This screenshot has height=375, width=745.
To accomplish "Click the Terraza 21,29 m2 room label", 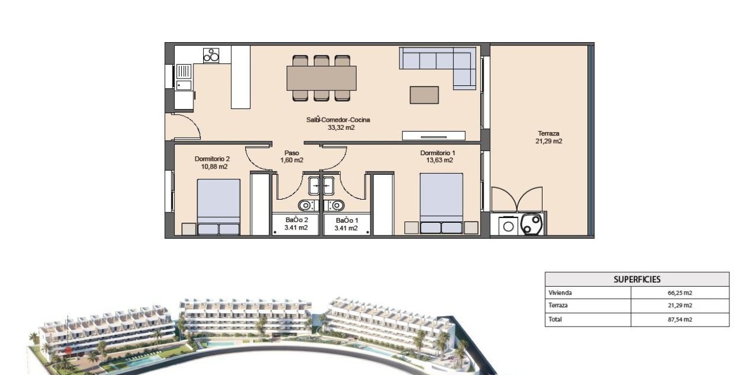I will (x=549, y=137).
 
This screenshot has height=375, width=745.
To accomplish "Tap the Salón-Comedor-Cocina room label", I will (x=338, y=123).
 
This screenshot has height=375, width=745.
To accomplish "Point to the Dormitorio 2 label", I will (x=212, y=163).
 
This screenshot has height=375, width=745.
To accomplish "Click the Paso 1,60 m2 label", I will (x=291, y=157).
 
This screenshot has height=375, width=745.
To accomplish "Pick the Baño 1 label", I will (x=346, y=224).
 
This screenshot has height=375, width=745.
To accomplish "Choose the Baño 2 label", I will (x=297, y=224).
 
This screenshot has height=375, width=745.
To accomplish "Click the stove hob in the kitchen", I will (x=211, y=55).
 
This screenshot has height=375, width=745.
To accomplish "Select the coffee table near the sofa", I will (x=424, y=95).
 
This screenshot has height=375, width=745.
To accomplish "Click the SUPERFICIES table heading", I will (x=637, y=279).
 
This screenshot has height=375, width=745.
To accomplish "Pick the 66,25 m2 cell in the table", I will (x=680, y=293).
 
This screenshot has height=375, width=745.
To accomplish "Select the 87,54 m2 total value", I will (x=680, y=319).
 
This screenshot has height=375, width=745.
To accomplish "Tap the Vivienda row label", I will (x=560, y=293).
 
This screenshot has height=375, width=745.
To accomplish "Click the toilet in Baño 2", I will (x=305, y=205).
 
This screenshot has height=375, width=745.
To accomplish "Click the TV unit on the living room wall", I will (x=433, y=136).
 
